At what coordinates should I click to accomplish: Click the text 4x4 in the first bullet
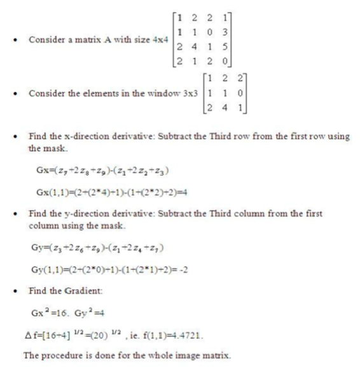tap(160, 39)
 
